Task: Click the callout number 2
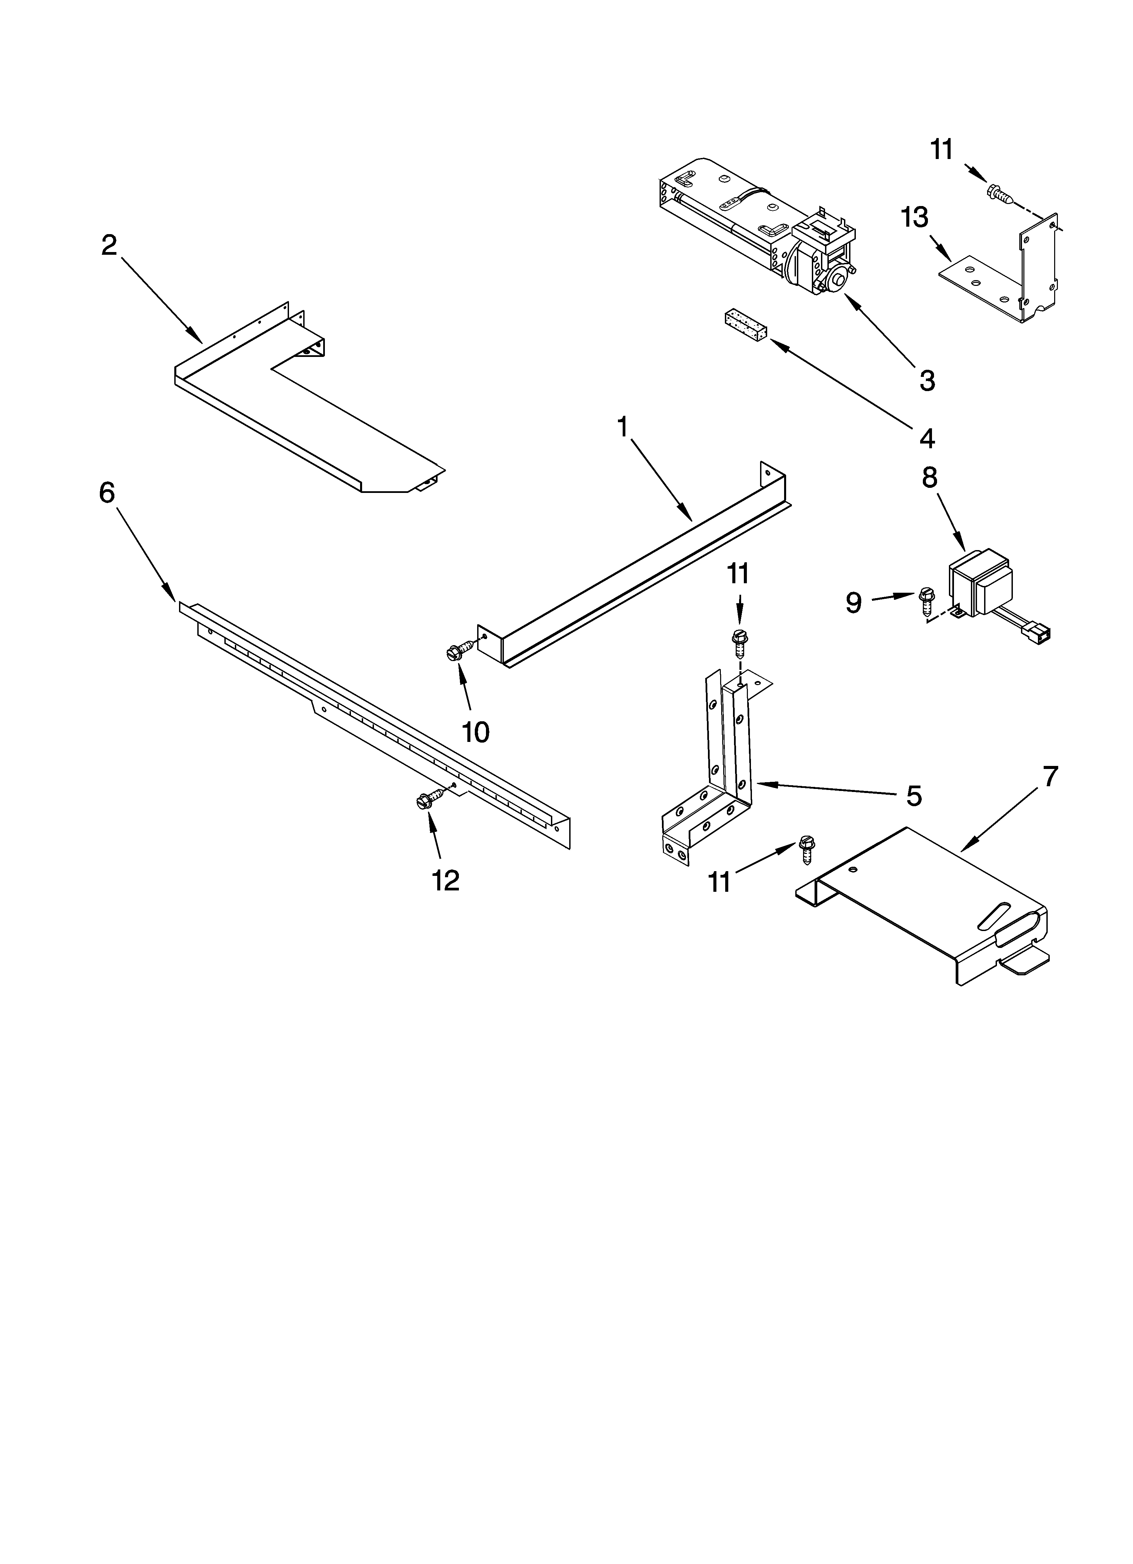pyautogui.click(x=109, y=246)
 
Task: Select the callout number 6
pyautogui.click(x=107, y=492)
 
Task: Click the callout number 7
pyautogui.click(x=1049, y=777)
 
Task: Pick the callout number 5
pyautogui.click(x=914, y=796)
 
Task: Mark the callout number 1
pyautogui.click(x=622, y=428)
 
